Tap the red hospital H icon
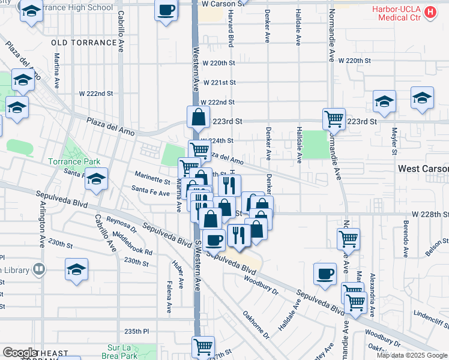pos(430,11)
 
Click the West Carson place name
pos(423,169)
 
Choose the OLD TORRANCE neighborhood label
pos(84,43)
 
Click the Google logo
pos(20,353)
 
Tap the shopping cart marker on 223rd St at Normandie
pos(334,118)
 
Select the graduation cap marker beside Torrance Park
pos(95,179)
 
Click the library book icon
pos(39,269)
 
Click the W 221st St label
pos(218,83)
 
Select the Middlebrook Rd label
pos(132,244)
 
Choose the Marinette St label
pos(152,178)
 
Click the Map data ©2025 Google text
pos(412,355)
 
